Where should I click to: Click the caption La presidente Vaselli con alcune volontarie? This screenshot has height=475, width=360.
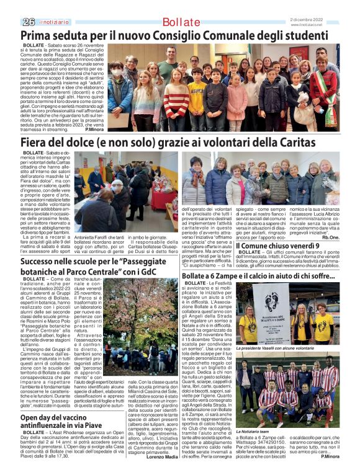point(279,348)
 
